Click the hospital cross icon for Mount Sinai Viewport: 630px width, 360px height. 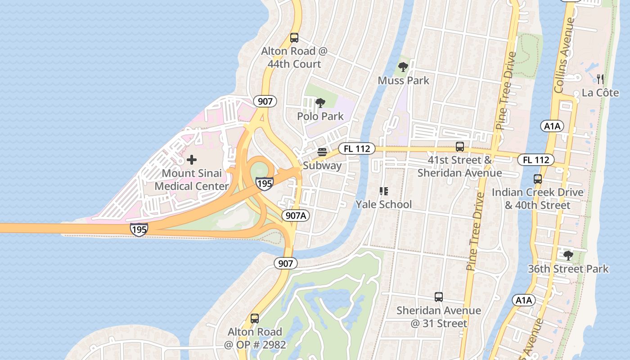click(192, 160)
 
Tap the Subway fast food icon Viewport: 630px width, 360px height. click(322, 152)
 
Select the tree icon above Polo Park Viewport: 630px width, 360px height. click(320, 103)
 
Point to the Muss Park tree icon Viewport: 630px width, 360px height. click(403, 67)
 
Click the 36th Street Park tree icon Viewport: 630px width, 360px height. click(568, 256)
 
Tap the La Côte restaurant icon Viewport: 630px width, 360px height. click(600, 80)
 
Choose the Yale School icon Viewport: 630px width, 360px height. click(383, 192)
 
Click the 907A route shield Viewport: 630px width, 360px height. click(296, 216)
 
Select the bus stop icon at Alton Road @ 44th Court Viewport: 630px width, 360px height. click(294, 38)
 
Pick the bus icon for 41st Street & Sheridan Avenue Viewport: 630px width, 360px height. click(459, 147)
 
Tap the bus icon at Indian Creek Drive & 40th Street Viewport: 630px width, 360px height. click(537, 179)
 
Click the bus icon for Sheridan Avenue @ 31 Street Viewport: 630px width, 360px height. click(439, 297)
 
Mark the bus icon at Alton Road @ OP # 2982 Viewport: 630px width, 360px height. click(255, 319)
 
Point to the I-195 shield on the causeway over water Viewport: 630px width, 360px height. click(139, 229)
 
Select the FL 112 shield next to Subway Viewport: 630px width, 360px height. click(357, 148)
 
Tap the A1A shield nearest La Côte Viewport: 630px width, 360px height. click(552, 126)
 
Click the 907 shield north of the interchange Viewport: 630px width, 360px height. click(265, 101)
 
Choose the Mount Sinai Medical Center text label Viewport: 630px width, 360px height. click(191, 180)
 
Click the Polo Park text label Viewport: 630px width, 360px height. click(320, 117)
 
